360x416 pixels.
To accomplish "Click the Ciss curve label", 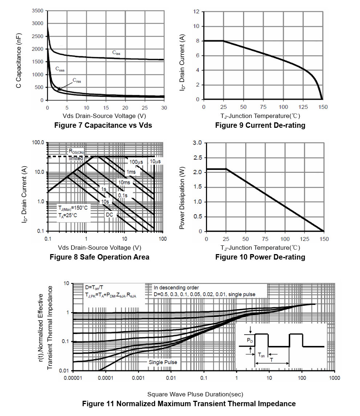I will tap(116, 53).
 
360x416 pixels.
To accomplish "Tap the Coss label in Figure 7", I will tap(60, 69).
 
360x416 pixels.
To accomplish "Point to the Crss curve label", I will tap(77, 81).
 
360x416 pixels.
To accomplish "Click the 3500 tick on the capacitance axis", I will tap(37, 11).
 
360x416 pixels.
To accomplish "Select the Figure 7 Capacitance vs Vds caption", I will tap(103, 125).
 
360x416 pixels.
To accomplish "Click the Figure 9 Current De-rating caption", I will tap(260, 125).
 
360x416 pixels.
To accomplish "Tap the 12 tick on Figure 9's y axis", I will tap(196, 12).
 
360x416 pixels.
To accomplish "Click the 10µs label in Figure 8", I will tap(155, 161).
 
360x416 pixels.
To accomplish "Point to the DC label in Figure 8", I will tap(110, 215).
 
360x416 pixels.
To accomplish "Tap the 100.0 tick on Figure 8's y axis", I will tap(38, 143).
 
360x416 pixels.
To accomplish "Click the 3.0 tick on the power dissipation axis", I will tap(197, 143).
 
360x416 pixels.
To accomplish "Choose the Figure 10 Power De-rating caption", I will tap(260, 257).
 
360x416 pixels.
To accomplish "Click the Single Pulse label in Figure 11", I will tap(163, 362).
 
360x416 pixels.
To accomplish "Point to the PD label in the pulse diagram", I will tap(250, 340).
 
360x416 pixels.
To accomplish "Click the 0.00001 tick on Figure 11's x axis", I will tap(73, 378).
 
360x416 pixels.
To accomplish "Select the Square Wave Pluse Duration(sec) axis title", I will tap(195, 394).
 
